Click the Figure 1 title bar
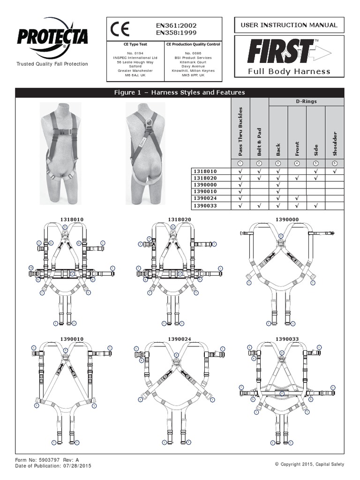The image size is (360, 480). (180, 93)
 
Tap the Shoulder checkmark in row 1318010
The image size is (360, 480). (334, 172)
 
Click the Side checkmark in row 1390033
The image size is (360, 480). (315, 205)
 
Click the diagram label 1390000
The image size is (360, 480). (287, 219)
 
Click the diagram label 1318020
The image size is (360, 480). (180, 219)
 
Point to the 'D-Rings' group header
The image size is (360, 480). (306, 101)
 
